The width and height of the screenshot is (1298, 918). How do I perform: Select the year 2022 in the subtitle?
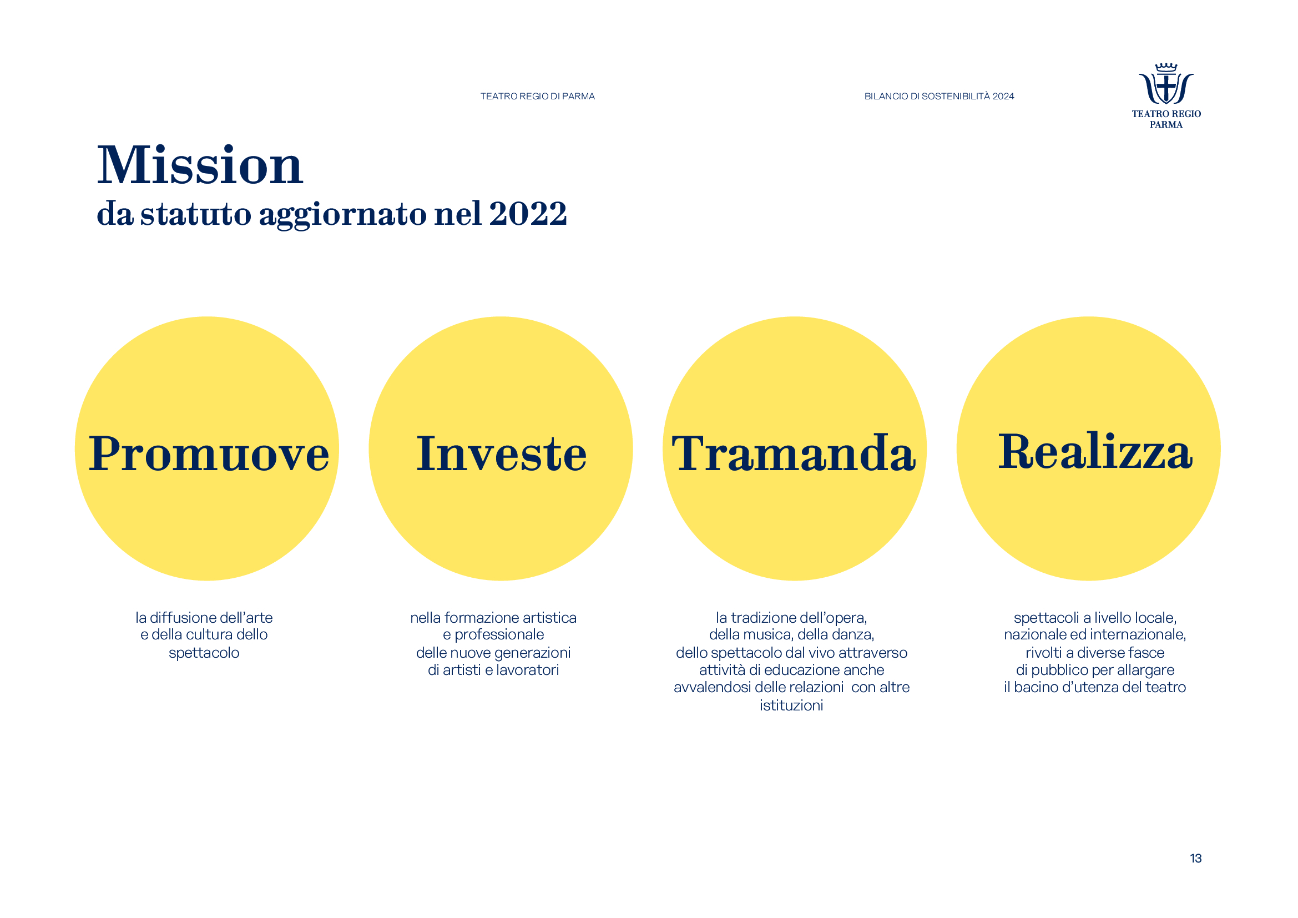click(x=528, y=214)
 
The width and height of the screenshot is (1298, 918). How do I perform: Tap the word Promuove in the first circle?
click(x=209, y=453)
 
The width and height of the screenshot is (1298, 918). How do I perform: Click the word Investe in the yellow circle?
click(x=502, y=453)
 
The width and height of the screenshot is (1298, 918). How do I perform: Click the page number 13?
click(x=1196, y=858)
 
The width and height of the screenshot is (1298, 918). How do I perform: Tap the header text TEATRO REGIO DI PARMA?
click(x=538, y=97)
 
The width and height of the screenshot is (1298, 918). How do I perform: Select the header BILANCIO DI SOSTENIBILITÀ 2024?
click(x=939, y=97)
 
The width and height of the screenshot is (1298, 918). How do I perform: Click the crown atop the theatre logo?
click(x=1166, y=68)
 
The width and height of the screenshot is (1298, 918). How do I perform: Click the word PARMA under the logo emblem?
click(x=1166, y=125)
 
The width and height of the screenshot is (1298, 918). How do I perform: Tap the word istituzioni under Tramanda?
click(x=791, y=705)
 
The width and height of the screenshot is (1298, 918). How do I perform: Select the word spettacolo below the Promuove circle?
click(x=204, y=653)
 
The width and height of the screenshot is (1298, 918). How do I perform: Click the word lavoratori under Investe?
click(x=527, y=670)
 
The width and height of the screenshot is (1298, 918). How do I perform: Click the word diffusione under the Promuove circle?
click(x=182, y=618)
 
